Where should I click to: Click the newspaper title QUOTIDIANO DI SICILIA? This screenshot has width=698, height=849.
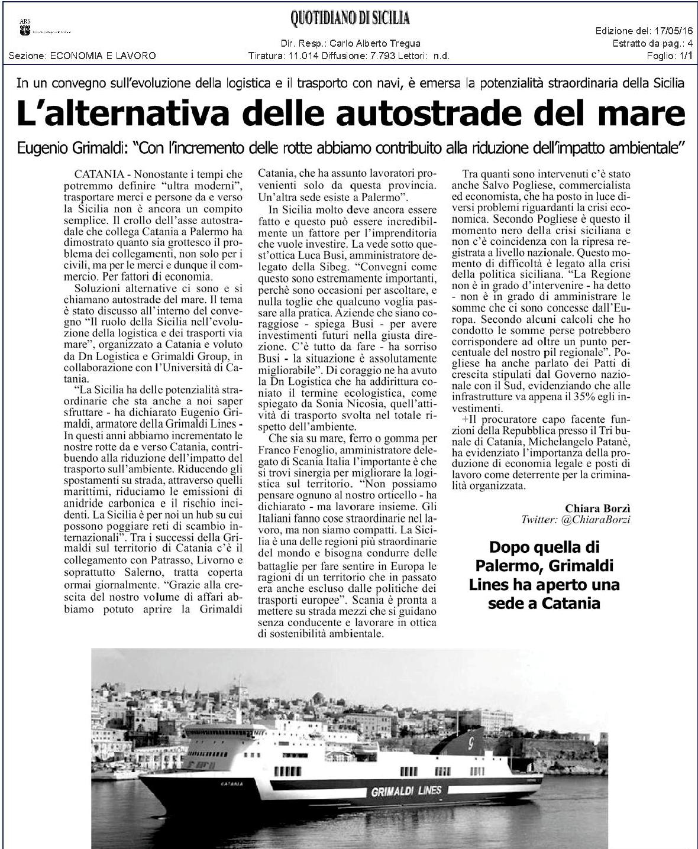coord(350,20)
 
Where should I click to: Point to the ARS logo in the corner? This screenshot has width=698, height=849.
coord(25,28)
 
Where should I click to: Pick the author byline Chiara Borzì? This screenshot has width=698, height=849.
coord(597,507)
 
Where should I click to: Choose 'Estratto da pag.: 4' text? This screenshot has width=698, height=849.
coord(652,44)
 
